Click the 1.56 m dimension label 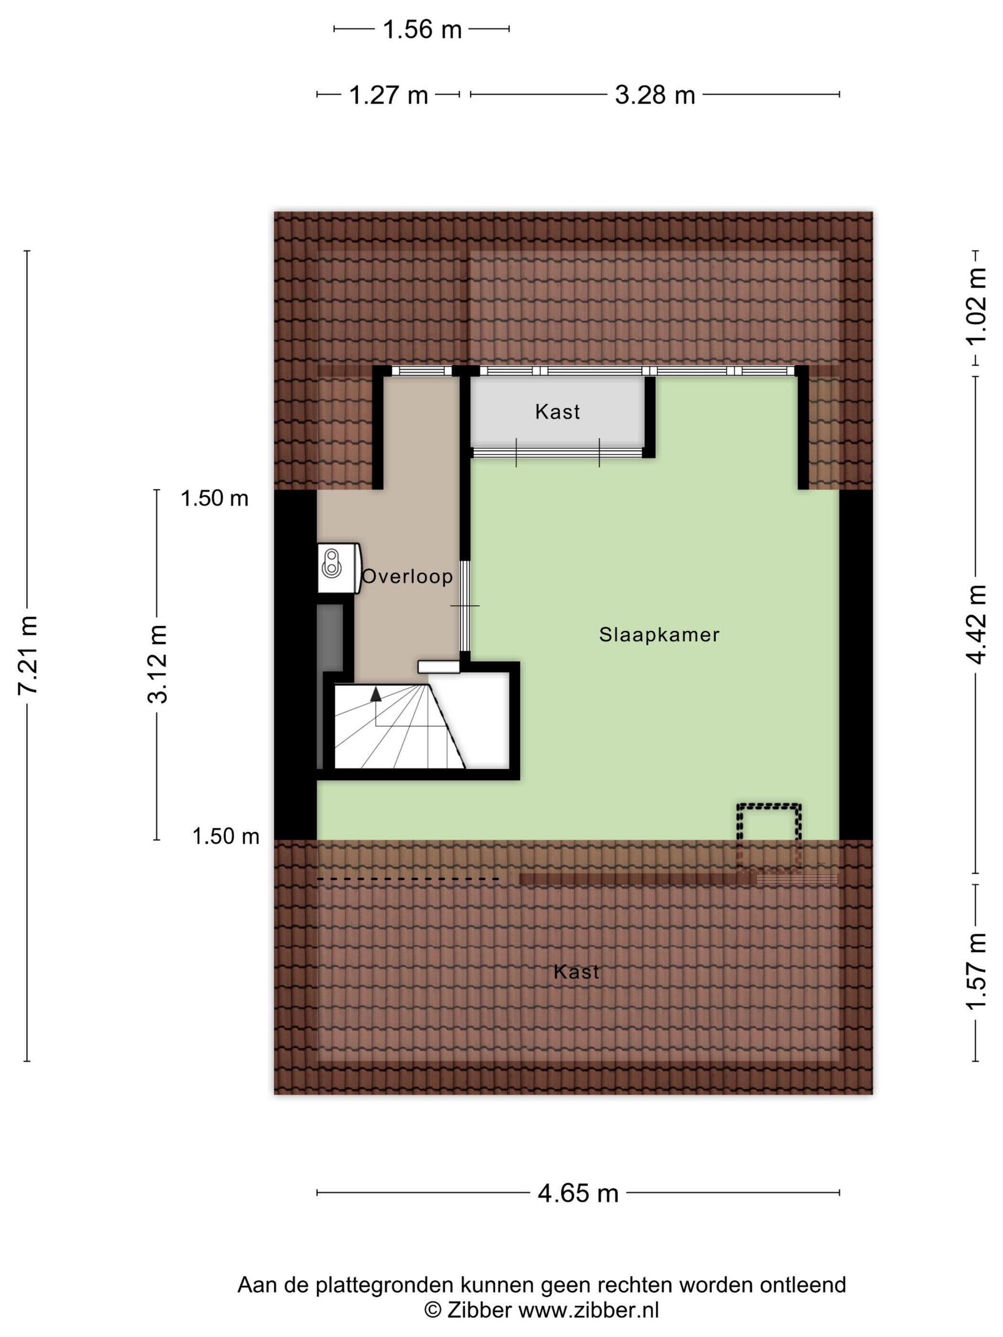click(x=422, y=30)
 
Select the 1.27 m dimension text click(x=388, y=95)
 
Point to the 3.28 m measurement click(x=655, y=95)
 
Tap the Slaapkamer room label click(x=659, y=635)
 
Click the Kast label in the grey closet click(x=557, y=412)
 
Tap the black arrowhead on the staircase click(x=376, y=694)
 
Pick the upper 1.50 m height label click(x=214, y=498)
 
